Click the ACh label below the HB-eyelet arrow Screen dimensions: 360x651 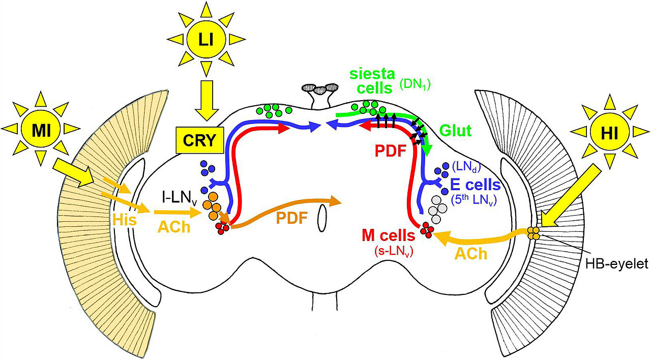[x=471, y=254]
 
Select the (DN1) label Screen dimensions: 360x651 [x=414, y=85]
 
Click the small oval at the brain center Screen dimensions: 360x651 [x=321, y=221]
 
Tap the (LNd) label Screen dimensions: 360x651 [x=466, y=165]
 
